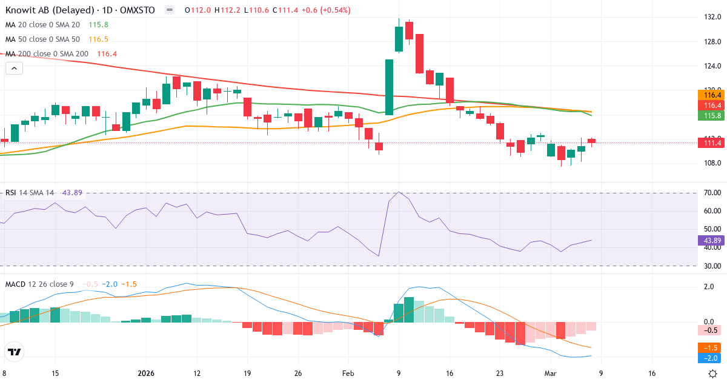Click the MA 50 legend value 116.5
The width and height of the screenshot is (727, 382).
click(x=98, y=39)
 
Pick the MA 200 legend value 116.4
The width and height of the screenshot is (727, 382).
click(x=107, y=54)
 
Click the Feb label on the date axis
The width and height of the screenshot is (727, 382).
click(x=348, y=374)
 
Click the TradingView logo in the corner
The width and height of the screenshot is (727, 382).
click(x=15, y=352)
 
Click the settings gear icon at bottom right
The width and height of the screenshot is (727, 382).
click(x=713, y=374)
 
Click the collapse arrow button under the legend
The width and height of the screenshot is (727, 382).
click(x=14, y=69)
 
